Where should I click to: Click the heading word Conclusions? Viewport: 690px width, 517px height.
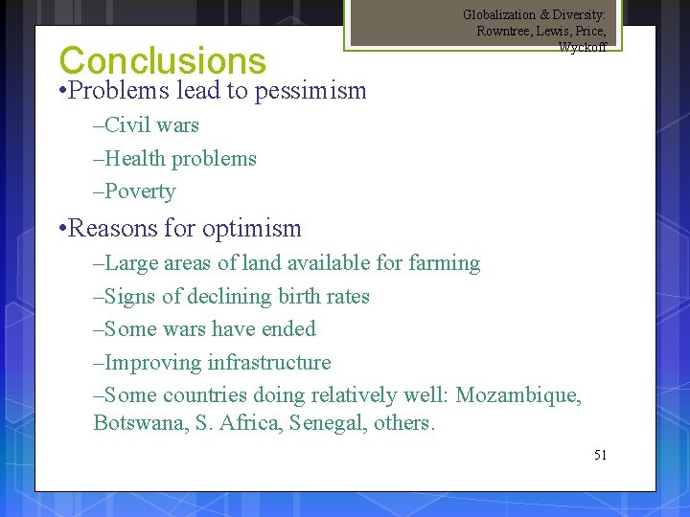(162, 60)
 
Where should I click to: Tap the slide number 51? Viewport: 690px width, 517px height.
(600, 455)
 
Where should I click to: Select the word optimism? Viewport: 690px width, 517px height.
(253, 229)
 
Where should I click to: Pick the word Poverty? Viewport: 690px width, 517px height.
(140, 191)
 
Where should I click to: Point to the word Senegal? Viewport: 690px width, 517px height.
(329, 422)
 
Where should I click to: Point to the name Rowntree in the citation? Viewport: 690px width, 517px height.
(504, 31)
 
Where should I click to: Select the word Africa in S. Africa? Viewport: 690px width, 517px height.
(248, 422)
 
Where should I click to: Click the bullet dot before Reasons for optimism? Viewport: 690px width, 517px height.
(61, 228)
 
